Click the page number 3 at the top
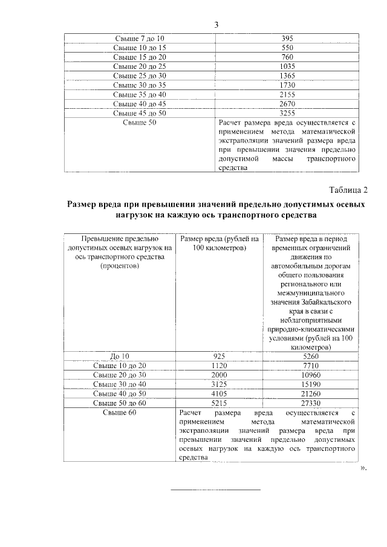pyautogui.click(x=216, y=25)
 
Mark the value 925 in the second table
pyautogui.click(x=220, y=357)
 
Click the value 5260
pyautogui.click(x=309, y=357)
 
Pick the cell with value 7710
pyautogui.click(x=309, y=366)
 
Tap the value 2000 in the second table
pyautogui.click(x=220, y=375)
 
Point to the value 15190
pyautogui.click(x=309, y=384)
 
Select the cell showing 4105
pyautogui.click(x=220, y=393)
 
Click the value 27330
pyautogui.click(x=309, y=402)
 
